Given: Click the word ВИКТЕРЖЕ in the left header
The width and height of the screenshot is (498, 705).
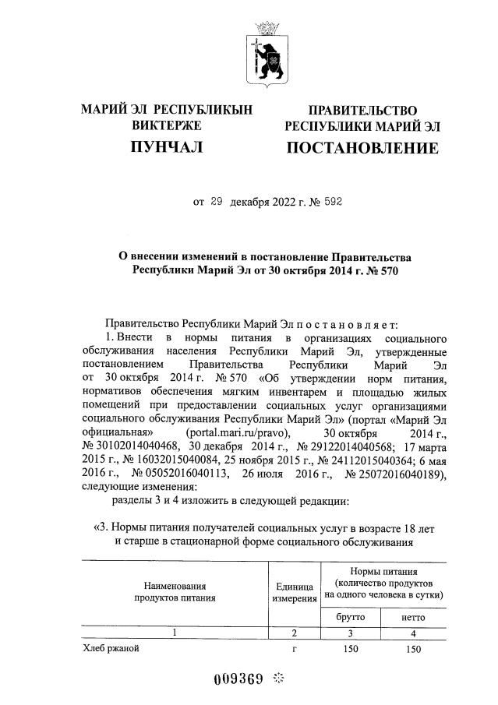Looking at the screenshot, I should (167, 125).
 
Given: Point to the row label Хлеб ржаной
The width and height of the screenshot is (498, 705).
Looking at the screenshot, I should (111, 648).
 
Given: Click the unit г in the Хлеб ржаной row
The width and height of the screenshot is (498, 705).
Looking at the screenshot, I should (294, 648).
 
